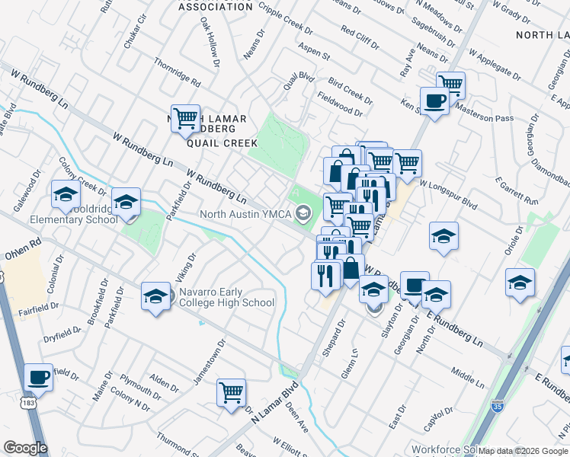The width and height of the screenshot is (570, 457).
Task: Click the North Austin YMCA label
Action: click(246, 214)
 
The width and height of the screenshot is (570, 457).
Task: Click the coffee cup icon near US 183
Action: click(38, 377)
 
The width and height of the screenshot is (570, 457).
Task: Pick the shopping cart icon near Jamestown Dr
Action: click(231, 393)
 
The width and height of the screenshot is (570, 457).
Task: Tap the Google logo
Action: click(25, 448)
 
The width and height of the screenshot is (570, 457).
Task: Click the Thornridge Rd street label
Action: click(177, 72)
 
